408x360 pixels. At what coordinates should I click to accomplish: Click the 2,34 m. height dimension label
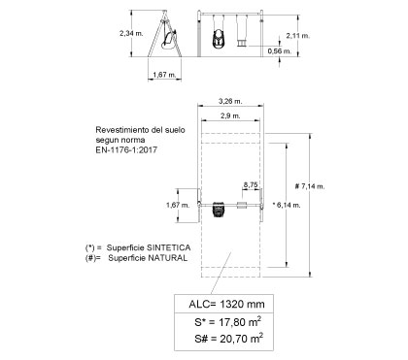click(x=131, y=33)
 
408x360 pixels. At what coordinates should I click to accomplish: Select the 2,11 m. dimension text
click(x=298, y=36)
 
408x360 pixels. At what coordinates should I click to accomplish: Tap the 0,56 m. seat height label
click(x=280, y=50)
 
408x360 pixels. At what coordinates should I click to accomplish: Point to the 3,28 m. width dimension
click(x=230, y=101)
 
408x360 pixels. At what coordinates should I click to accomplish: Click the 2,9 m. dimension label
click(x=230, y=115)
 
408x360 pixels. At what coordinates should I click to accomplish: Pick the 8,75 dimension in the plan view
click(x=251, y=184)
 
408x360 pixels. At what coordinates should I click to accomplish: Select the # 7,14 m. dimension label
click(x=310, y=186)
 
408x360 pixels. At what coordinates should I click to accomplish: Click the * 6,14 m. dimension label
click(x=287, y=205)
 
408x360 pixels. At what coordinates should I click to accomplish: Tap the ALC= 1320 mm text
click(x=226, y=304)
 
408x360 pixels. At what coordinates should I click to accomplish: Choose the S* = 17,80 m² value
click(x=228, y=322)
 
